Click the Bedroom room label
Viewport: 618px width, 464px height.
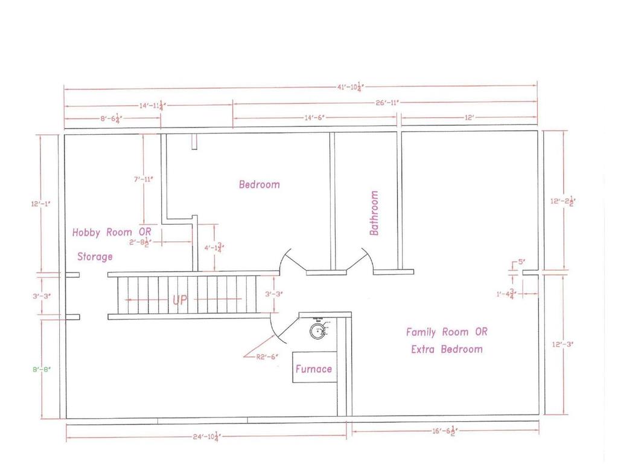[x=260, y=184]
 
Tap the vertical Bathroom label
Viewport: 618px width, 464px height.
[x=374, y=213]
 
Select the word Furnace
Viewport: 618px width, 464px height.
[x=314, y=369]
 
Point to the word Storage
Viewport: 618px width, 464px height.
[x=95, y=257]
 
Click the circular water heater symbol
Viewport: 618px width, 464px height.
[x=317, y=330]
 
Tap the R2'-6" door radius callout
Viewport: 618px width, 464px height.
[x=267, y=357]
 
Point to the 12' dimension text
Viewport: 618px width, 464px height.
[x=470, y=118]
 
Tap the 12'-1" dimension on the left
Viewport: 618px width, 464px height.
[x=41, y=204]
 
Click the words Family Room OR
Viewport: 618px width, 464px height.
[x=446, y=332]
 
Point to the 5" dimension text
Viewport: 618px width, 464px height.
[x=521, y=262]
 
